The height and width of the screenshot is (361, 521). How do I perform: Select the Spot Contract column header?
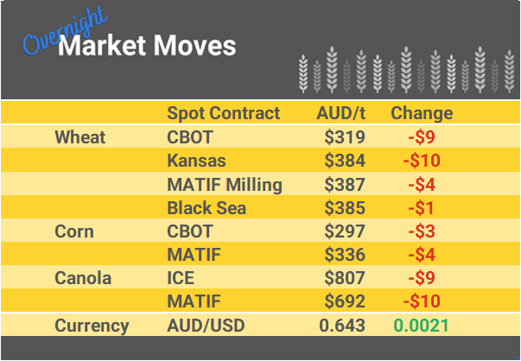(x=223, y=113)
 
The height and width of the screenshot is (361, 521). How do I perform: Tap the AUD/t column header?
(x=342, y=113)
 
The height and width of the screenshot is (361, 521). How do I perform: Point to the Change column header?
(x=422, y=113)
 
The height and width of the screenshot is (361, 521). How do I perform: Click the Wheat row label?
(x=79, y=137)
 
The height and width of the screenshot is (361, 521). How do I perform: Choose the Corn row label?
(x=74, y=231)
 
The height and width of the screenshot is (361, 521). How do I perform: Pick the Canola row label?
(x=83, y=279)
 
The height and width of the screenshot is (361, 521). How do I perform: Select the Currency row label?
(x=92, y=326)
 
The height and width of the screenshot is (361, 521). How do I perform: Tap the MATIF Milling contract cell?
(x=225, y=184)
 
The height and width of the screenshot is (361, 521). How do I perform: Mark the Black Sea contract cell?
(x=206, y=208)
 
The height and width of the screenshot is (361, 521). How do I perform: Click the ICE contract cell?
(x=181, y=279)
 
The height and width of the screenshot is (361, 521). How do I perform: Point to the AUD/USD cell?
(x=207, y=326)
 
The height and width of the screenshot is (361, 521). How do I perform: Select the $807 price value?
(x=346, y=279)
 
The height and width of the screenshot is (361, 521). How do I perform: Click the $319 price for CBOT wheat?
(x=346, y=137)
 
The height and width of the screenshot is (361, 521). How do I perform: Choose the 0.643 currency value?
(x=342, y=326)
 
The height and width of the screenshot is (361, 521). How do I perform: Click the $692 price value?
(x=346, y=302)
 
